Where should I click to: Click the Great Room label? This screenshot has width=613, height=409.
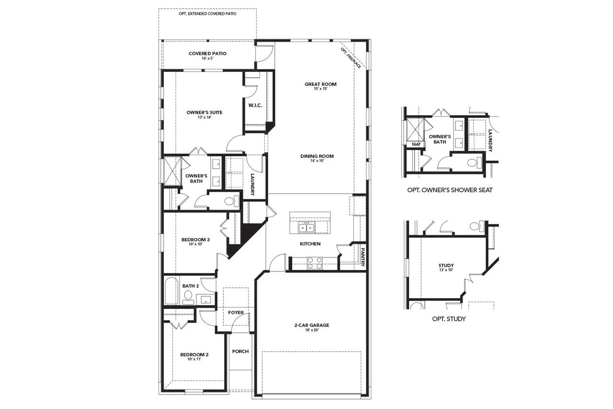tap(320, 84)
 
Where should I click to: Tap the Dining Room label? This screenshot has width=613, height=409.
tap(317, 156)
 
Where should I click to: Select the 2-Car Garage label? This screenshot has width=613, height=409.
tap(311, 325)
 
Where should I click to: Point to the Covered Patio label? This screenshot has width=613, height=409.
tap(207, 54)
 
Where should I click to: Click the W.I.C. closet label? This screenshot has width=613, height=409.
tap(255, 105)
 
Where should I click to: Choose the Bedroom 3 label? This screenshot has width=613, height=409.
tap(195, 240)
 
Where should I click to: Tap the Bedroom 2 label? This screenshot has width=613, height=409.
tap(194, 355)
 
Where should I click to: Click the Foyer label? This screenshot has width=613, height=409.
tap(236, 313)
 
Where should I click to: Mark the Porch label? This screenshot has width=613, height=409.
tap(240, 351)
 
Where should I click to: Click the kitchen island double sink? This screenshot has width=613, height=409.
tap(306, 228)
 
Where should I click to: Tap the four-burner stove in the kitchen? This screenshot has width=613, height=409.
tap(314, 263)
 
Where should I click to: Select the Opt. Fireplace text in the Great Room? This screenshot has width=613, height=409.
tap(351, 58)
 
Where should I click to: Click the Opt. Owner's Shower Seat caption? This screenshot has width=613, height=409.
tap(449, 190)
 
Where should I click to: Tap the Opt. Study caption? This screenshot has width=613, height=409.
tap(449, 318)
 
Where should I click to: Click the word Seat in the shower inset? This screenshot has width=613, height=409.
tap(416, 144)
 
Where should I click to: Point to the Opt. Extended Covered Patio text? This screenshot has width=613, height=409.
tap(207, 14)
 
